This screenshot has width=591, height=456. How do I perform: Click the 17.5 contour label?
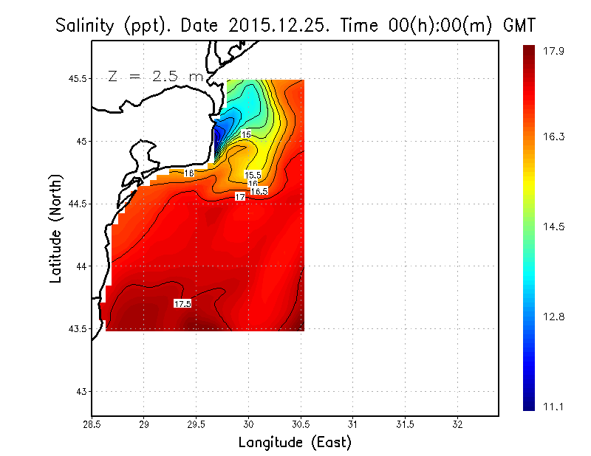coord(182,303)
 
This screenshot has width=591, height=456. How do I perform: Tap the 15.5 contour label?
coord(253,175)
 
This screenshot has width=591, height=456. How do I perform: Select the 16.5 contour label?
coord(259,191)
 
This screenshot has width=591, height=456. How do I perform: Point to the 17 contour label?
coord(240,197)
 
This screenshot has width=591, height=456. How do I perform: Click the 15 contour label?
coord(246,134)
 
